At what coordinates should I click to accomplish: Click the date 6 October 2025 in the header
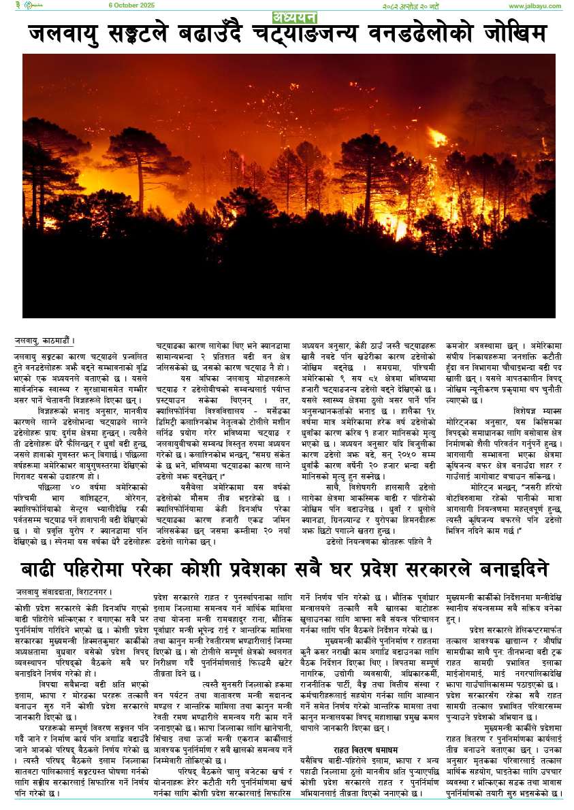click(x=132, y=5)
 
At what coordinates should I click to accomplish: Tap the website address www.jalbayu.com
click(x=535, y=6)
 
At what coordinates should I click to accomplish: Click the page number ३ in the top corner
click(x=18, y=5)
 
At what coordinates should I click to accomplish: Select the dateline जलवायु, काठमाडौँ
click(x=44, y=341)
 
